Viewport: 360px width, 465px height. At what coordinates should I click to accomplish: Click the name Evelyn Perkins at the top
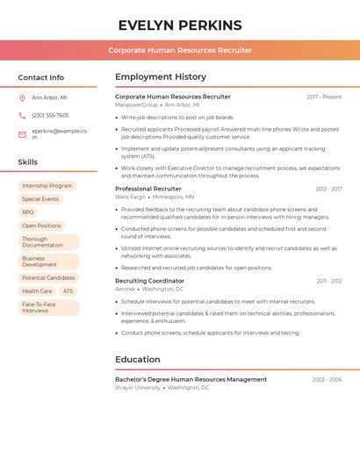point(180,25)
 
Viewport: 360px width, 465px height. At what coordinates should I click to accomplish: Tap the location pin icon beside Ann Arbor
point(22,98)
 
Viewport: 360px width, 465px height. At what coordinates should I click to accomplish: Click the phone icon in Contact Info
point(22,115)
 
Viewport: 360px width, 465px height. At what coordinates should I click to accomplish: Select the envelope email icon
point(22,134)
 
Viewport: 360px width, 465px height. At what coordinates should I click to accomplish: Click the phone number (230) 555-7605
point(50,115)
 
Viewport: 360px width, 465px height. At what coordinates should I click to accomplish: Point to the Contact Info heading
point(40,77)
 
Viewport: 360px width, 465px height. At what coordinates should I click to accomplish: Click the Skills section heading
point(28,162)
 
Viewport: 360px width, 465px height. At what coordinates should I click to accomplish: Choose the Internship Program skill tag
point(47,186)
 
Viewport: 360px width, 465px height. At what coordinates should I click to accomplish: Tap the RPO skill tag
point(28,212)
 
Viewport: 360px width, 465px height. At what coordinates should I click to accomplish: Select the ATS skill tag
point(68,291)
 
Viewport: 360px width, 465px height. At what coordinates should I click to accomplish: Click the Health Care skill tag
point(37,291)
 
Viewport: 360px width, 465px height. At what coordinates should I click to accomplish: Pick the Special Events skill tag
point(40,199)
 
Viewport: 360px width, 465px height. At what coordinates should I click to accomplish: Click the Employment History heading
point(161,77)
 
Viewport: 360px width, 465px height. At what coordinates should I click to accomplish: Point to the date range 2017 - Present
point(324,97)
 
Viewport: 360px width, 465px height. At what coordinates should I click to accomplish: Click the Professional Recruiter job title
point(148,189)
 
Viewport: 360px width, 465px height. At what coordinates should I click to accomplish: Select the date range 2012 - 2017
point(328,189)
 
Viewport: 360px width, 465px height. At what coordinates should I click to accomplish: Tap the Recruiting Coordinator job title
point(150,281)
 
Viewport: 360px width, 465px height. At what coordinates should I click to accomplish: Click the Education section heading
point(138,359)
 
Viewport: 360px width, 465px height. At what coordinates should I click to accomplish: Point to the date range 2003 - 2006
point(327,379)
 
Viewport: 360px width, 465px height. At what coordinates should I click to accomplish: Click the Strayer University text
point(138,387)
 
